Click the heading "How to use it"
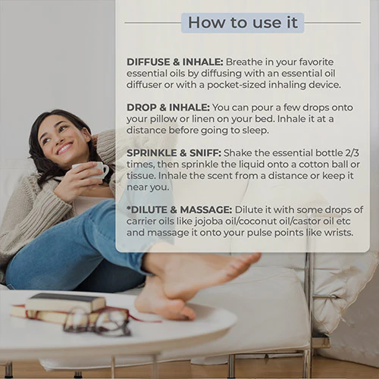[x=243, y=23]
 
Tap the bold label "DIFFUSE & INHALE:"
[x=175, y=62]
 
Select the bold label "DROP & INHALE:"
[x=168, y=108]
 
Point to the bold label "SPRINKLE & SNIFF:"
[x=174, y=153]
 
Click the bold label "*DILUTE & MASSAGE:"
[x=179, y=210]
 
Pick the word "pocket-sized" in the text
[x=236, y=85]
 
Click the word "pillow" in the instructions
[x=164, y=119]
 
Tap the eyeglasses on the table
[x=97, y=322]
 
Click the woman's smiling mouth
[x=64, y=149]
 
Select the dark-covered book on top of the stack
[x=65, y=302]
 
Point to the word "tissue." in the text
[x=140, y=176]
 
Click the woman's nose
[x=55, y=138]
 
